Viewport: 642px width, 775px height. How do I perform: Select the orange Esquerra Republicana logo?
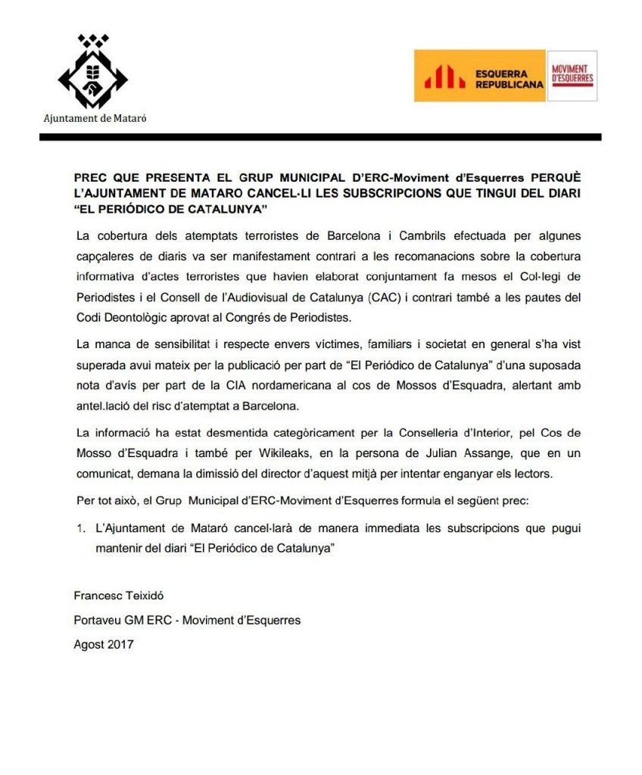pos(479,76)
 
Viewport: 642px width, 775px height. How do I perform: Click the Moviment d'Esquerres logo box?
pos(572,76)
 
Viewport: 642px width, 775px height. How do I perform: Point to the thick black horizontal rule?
pos(320,137)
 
